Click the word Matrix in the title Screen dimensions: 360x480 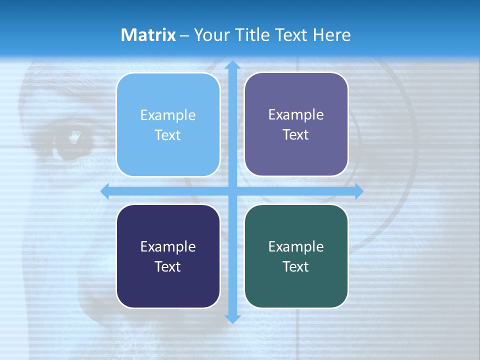(148, 35)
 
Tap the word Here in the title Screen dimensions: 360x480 (331, 35)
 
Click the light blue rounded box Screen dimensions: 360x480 (168, 125)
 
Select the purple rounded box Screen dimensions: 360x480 (296, 124)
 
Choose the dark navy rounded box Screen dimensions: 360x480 (168, 256)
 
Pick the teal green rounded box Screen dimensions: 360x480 (296, 256)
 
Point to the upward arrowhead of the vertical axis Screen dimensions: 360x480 (232, 65)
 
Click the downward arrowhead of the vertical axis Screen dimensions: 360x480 (232, 318)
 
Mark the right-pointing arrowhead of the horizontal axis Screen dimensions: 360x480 (358, 191)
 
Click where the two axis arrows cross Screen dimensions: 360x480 (232, 191)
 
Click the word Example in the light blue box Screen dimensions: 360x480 (168, 115)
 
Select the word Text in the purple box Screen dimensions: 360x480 (296, 135)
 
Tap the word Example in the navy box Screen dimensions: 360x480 (168, 246)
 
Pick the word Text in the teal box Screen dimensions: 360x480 (296, 266)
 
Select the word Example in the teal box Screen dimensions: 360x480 (296, 246)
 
